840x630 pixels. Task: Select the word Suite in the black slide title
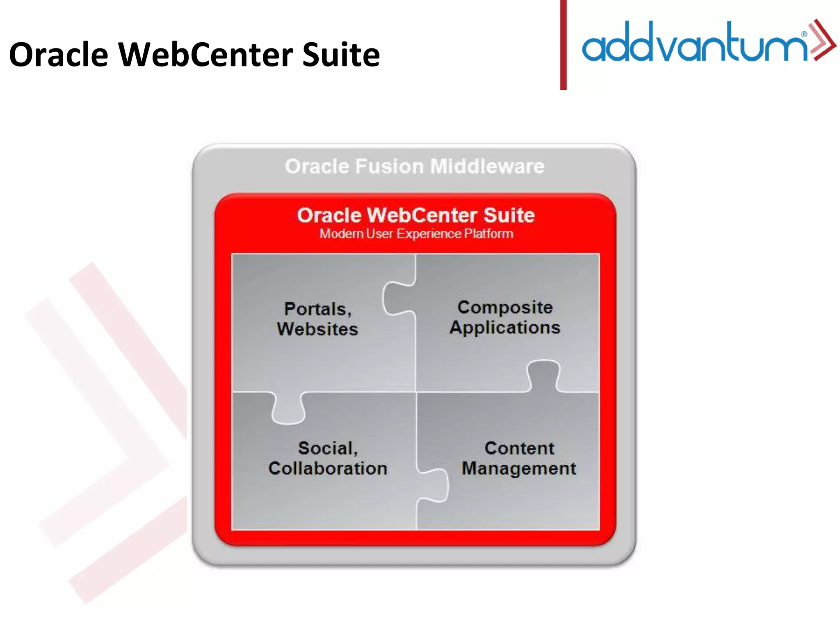point(341,55)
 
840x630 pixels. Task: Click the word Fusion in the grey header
point(389,167)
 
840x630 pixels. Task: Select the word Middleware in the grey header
point(487,167)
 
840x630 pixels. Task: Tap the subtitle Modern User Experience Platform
point(416,234)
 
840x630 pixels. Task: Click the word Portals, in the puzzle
point(318,309)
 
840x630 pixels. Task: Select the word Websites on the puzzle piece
point(317,329)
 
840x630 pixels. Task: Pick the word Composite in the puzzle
point(505,307)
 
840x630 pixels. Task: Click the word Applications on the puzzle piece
point(505,327)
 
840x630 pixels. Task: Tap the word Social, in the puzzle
point(328,448)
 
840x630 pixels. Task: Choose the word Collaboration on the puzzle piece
point(328,468)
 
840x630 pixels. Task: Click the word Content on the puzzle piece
point(519,448)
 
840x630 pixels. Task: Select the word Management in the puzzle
point(519,468)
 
